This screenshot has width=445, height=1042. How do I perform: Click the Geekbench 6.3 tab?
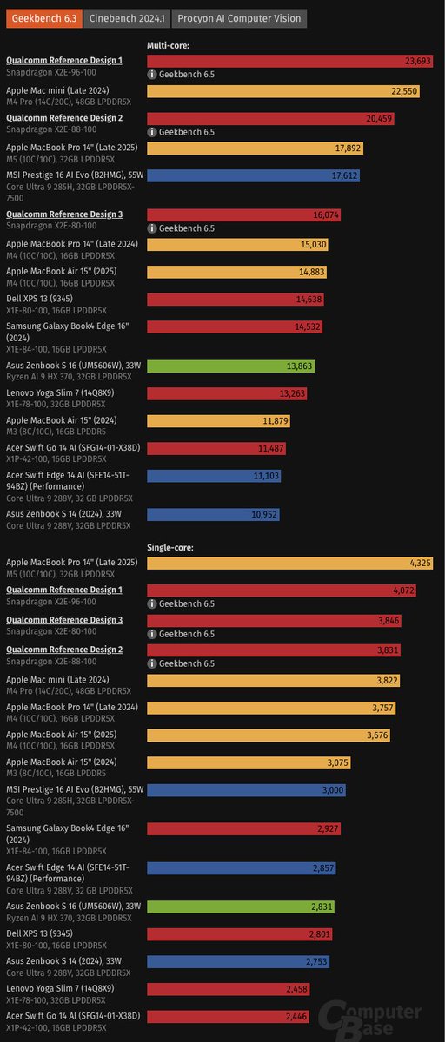[43, 18]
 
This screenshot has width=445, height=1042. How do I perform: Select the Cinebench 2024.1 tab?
[127, 18]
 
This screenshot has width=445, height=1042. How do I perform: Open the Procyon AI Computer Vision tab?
[239, 18]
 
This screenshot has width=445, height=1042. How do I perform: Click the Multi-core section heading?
[168, 43]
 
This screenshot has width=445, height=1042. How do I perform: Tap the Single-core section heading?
[170, 547]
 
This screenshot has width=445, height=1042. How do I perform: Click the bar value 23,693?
[419, 61]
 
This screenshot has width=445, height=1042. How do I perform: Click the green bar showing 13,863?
[230, 366]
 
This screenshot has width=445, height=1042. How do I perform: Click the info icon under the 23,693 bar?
[153, 75]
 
